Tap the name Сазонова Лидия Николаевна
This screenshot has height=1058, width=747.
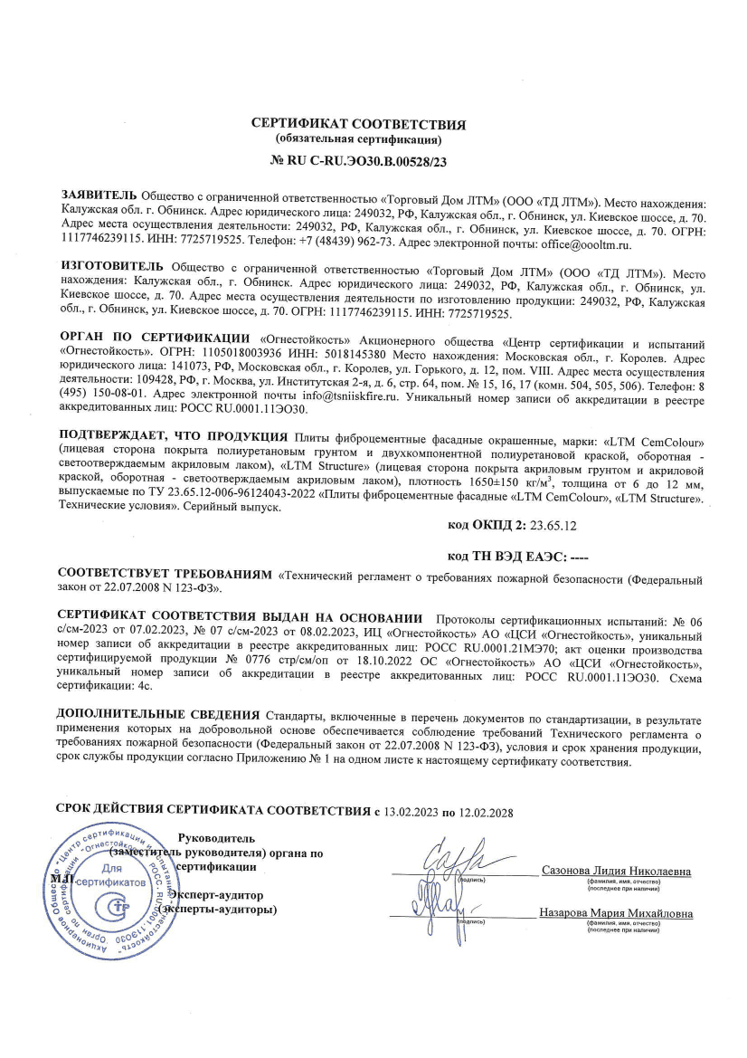(x=616, y=872)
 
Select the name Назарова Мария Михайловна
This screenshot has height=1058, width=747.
(x=616, y=913)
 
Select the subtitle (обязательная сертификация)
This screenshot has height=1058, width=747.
(x=358, y=141)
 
